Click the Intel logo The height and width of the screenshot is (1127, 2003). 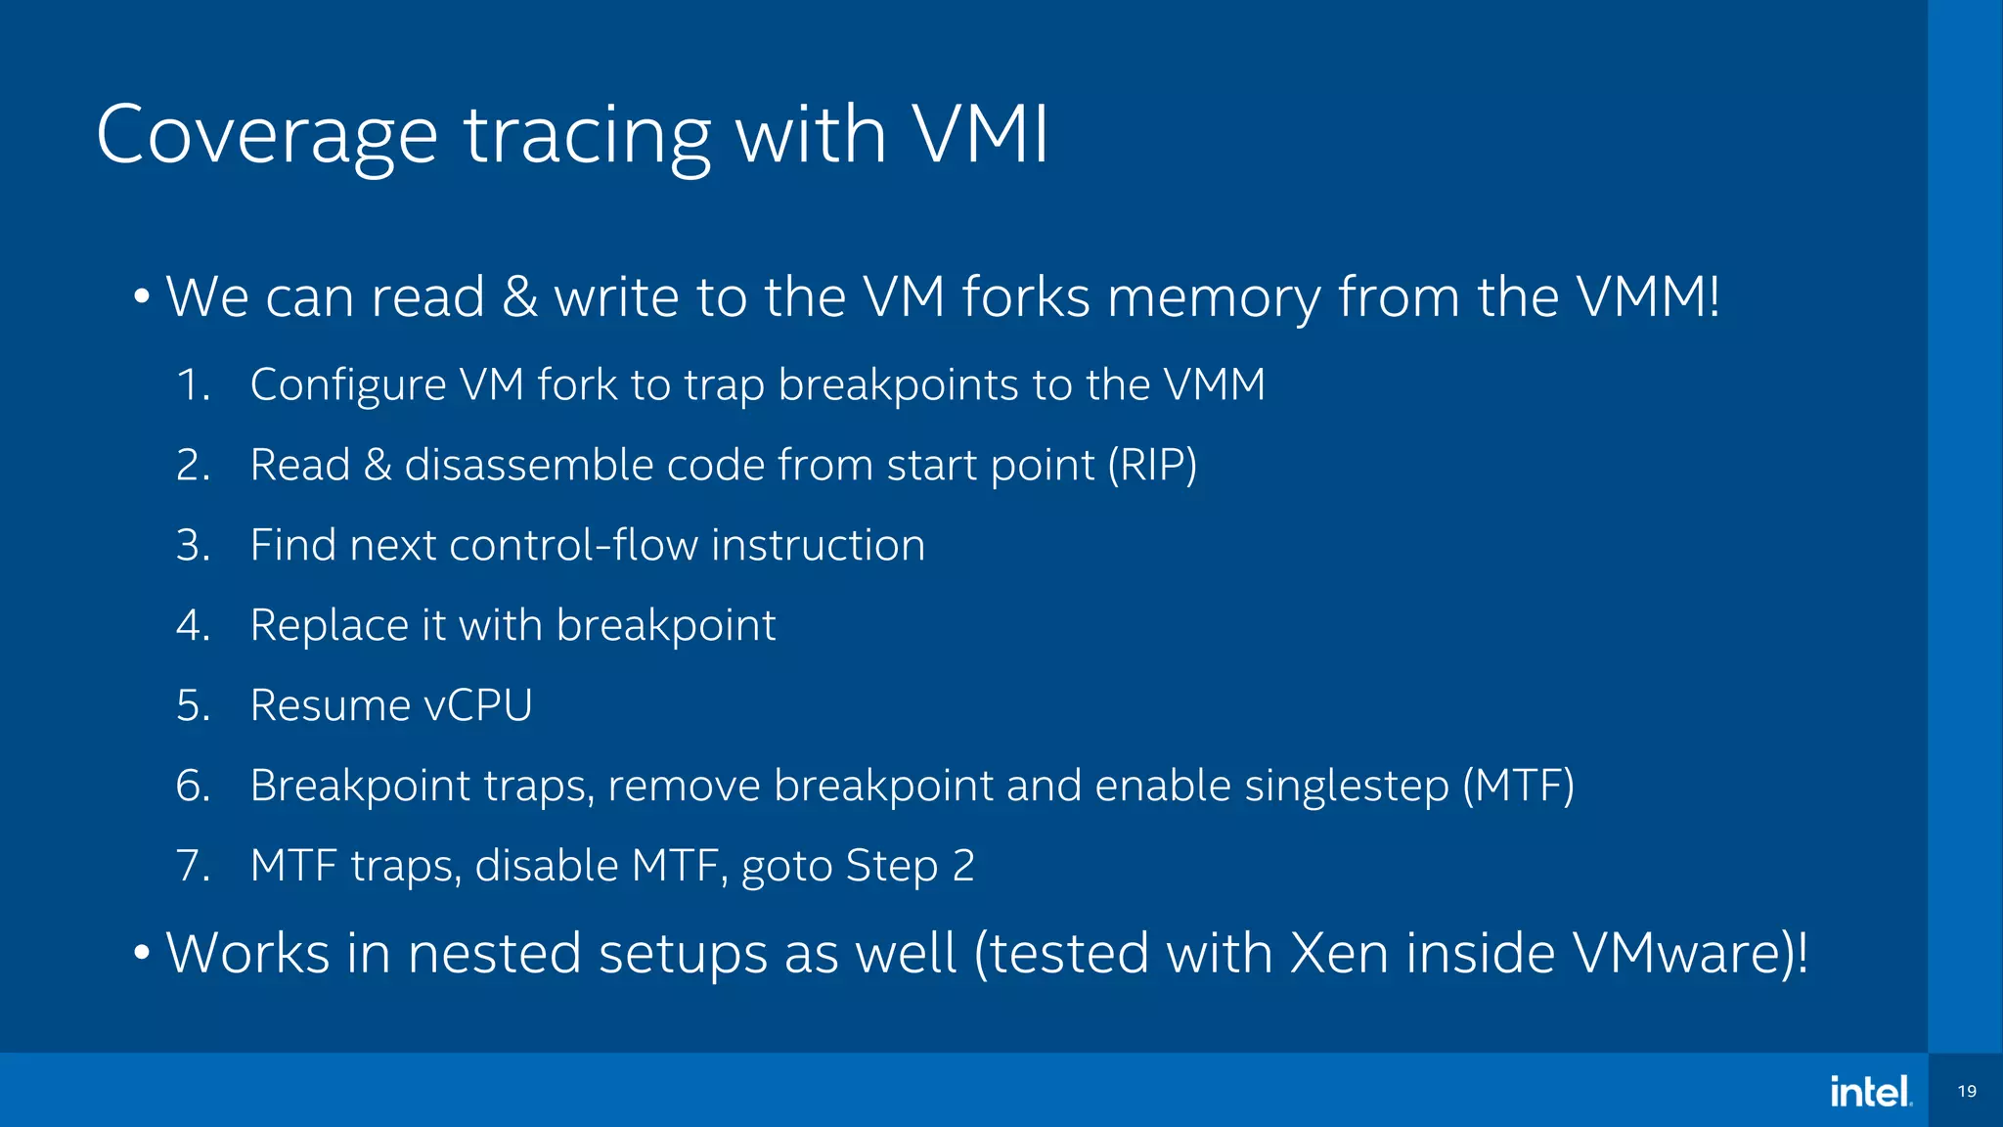1870,1091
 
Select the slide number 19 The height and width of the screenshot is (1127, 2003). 1967,1091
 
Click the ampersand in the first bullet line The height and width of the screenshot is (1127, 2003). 519,296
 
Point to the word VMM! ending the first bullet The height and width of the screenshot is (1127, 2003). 1648,296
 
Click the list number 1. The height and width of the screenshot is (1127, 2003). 193,384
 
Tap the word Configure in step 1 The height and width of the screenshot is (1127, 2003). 347,384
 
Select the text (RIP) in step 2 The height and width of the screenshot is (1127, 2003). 1152,465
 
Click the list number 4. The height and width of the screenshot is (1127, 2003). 193,625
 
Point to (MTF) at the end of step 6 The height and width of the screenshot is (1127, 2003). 1518,786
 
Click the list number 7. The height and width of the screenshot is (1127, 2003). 193,866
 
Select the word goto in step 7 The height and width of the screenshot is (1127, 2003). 786,867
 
